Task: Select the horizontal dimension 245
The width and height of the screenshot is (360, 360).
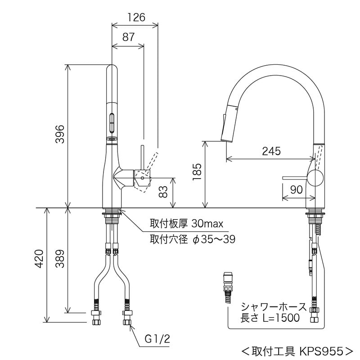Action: pos(270,151)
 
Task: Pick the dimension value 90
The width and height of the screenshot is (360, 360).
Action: pos(296,190)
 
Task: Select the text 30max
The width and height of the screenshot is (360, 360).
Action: pos(207,223)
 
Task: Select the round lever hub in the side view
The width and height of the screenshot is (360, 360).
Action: pos(315,178)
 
